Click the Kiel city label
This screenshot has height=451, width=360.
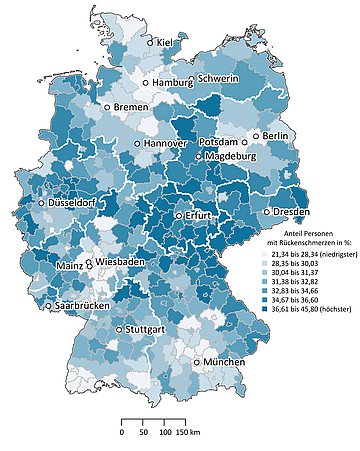point(166,44)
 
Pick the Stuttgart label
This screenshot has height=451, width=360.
point(147,329)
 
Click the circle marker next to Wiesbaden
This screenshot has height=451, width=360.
point(91,261)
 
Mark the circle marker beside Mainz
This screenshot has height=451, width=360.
point(87,266)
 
